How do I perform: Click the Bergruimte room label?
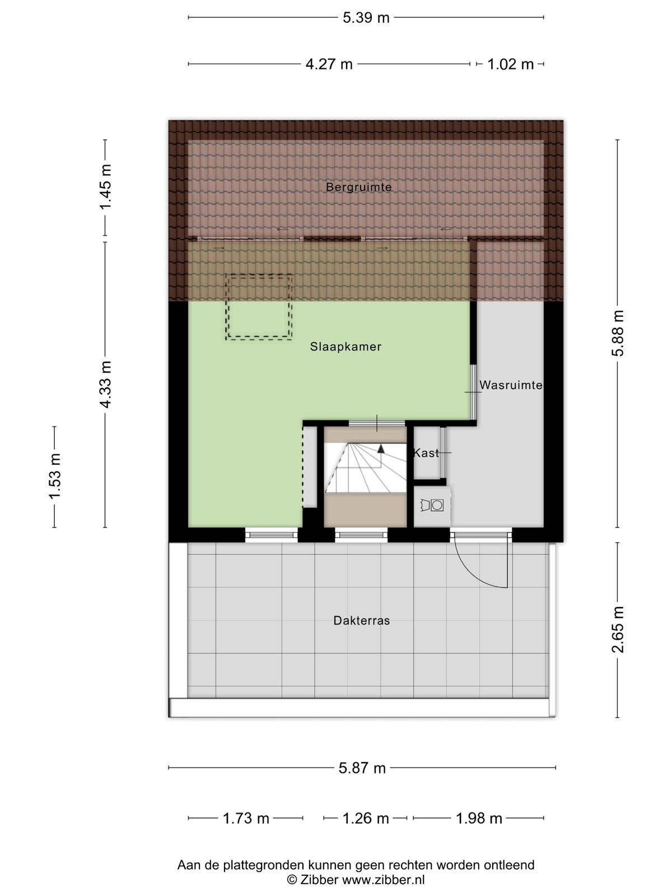(x=358, y=188)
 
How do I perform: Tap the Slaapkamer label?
(x=346, y=347)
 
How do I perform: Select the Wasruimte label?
(x=511, y=385)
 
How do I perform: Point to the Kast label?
(x=426, y=452)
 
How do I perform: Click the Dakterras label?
(x=362, y=620)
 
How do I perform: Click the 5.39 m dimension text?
(x=366, y=18)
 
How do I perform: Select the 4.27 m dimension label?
(x=329, y=64)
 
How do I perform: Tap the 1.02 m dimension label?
(x=510, y=64)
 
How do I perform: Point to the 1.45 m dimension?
(x=105, y=187)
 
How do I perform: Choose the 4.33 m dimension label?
(x=105, y=385)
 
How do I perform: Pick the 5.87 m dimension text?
(x=362, y=768)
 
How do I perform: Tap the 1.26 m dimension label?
(x=365, y=819)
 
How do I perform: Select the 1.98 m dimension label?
(x=479, y=819)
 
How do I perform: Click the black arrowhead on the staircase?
(x=381, y=449)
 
